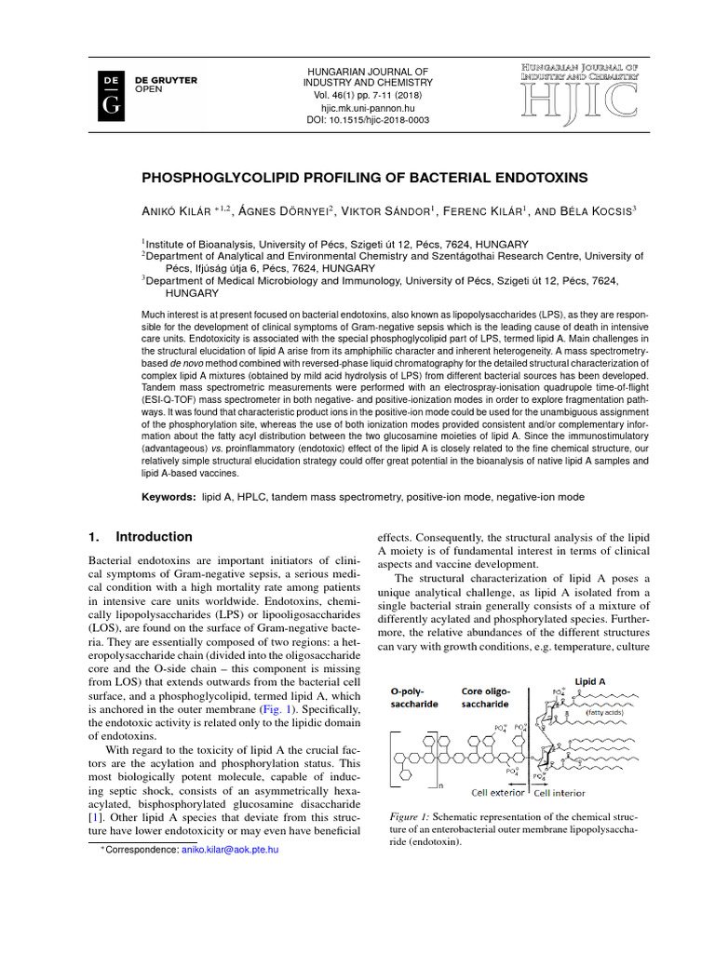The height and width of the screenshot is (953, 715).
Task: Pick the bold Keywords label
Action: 169,497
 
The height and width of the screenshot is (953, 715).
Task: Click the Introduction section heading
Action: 154,537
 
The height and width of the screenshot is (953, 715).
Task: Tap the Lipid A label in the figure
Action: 587,679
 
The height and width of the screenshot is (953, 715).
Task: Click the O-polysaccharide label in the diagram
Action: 413,698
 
